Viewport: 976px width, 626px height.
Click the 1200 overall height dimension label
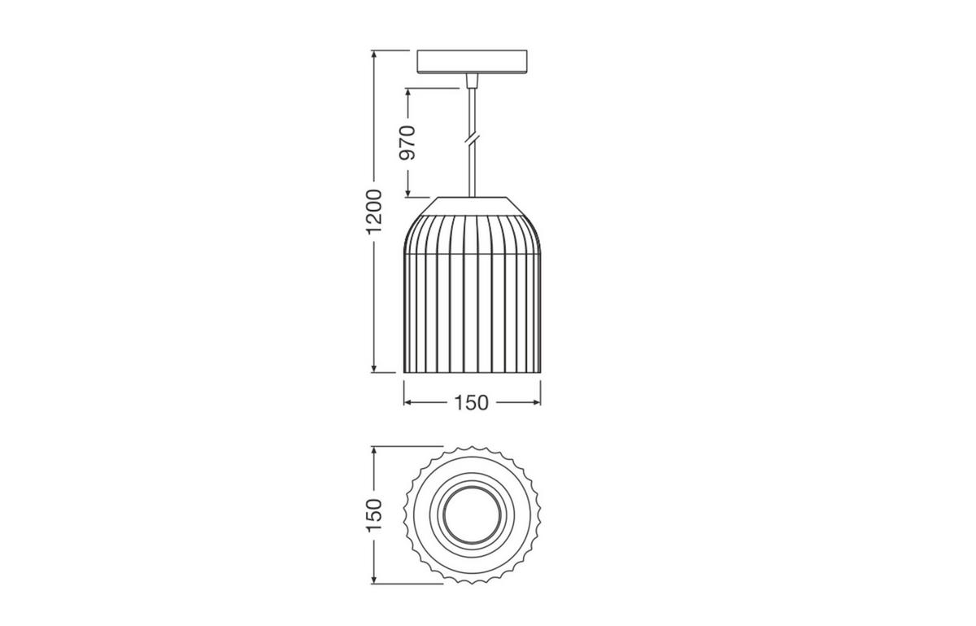point(373,211)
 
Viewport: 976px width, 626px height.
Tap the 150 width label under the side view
point(472,402)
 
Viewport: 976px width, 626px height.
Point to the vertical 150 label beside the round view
point(373,514)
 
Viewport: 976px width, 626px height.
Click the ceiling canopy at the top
point(472,62)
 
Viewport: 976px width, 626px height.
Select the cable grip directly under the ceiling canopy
point(472,81)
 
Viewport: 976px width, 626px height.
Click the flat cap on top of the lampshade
point(472,204)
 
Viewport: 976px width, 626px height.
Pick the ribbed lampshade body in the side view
point(472,309)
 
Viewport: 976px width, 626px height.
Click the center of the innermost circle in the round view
point(472,514)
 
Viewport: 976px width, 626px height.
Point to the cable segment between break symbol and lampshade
point(472,171)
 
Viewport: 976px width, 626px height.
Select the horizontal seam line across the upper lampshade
point(472,253)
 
